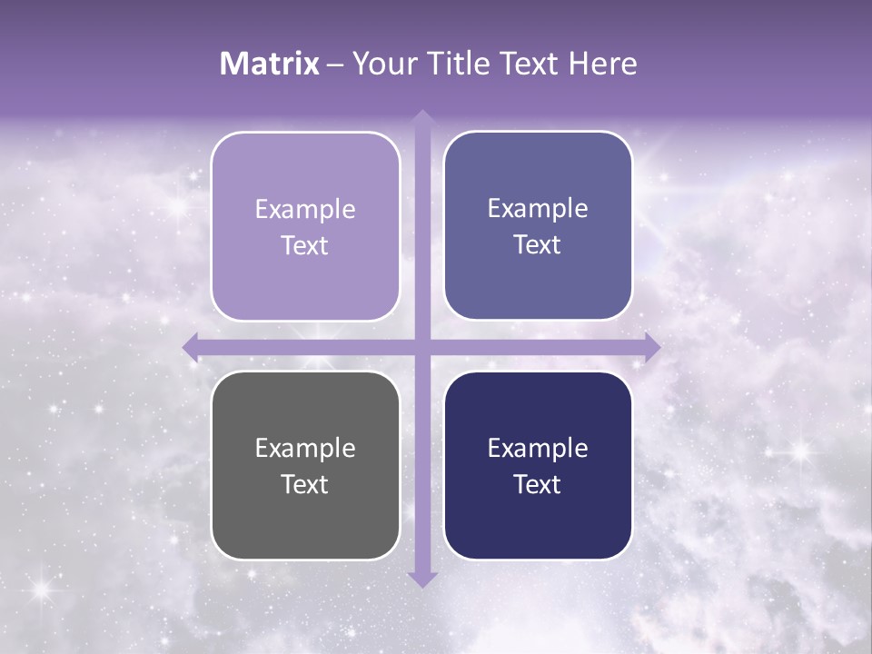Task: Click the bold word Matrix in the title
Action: [x=270, y=64]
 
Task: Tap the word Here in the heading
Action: [x=602, y=64]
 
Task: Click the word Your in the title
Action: [x=381, y=64]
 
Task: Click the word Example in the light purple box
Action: [x=305, y=210]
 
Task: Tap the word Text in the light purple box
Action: [x=305, y=245]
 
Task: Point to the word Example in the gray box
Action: [x=305, y=449]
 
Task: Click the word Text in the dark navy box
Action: [x=538, y=484]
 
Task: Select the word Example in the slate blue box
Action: [x=538, y=209]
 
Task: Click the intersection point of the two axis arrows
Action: [x=421, y=347]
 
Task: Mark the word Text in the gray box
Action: [x=305, y=484]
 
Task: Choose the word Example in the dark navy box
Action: [x=538, y=449]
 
